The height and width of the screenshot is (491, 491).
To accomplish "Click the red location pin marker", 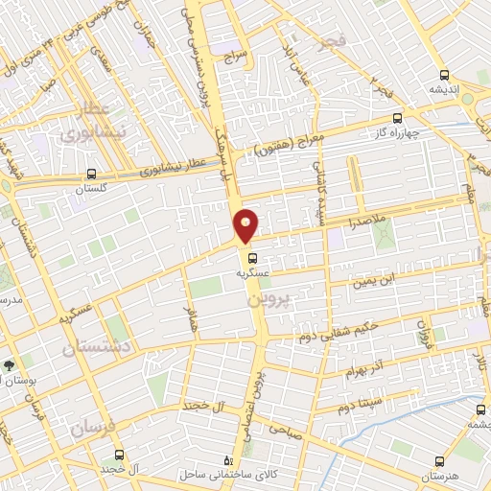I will [x=246, y=224].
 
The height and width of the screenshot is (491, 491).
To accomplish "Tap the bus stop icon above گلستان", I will [x=91, y=175].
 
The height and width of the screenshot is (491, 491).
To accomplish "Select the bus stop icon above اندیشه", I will [x=443, y=75].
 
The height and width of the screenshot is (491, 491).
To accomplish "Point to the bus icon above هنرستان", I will [x=440, y=461].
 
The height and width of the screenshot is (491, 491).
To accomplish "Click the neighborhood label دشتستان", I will [x=96, y=347].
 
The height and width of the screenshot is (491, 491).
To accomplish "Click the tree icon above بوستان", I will [x=9, y=365].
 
